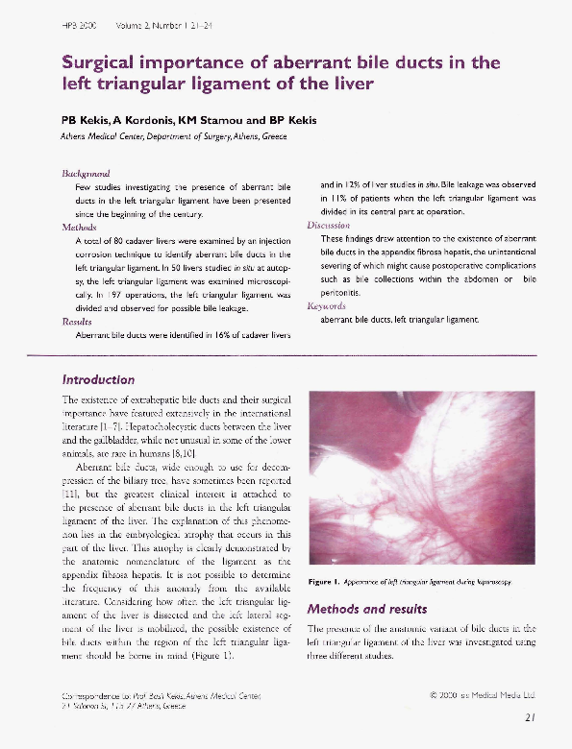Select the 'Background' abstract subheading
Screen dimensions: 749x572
click(87, 173)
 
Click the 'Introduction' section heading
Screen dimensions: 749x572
click(105, 378)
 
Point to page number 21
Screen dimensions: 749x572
click(531, 715)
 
